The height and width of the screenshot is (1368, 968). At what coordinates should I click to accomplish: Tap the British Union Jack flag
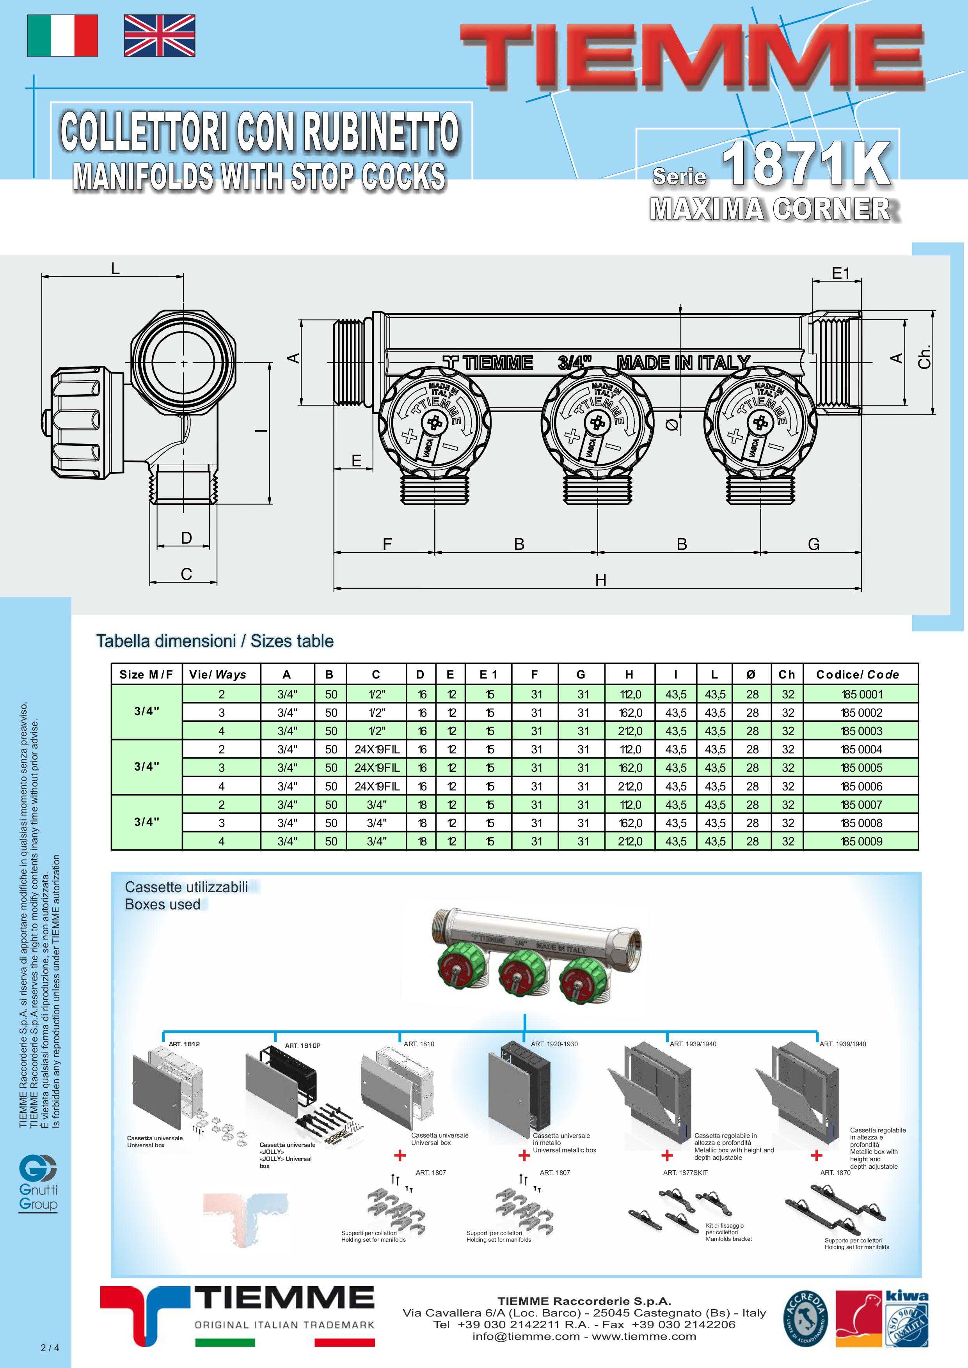tap(159, 36)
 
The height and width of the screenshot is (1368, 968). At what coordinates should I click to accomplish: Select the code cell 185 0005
tap(861, 767)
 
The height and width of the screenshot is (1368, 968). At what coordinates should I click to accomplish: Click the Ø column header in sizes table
tap(751, 675)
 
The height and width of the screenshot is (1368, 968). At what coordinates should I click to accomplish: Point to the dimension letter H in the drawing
tap(600, 580)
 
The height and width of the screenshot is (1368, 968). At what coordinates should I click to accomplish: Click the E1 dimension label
tap(840, 273)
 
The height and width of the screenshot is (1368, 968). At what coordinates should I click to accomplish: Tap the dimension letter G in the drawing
tap(813, 544)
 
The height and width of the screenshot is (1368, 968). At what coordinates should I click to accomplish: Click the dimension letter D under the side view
tap(186, 538)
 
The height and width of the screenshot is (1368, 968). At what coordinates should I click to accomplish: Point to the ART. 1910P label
tap(303, 1045)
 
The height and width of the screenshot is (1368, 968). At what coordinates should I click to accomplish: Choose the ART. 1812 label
tap(184, 1044)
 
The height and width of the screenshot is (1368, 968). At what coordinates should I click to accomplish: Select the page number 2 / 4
tap(50, 1348)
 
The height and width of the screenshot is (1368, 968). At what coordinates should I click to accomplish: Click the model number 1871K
tap(806, 164)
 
